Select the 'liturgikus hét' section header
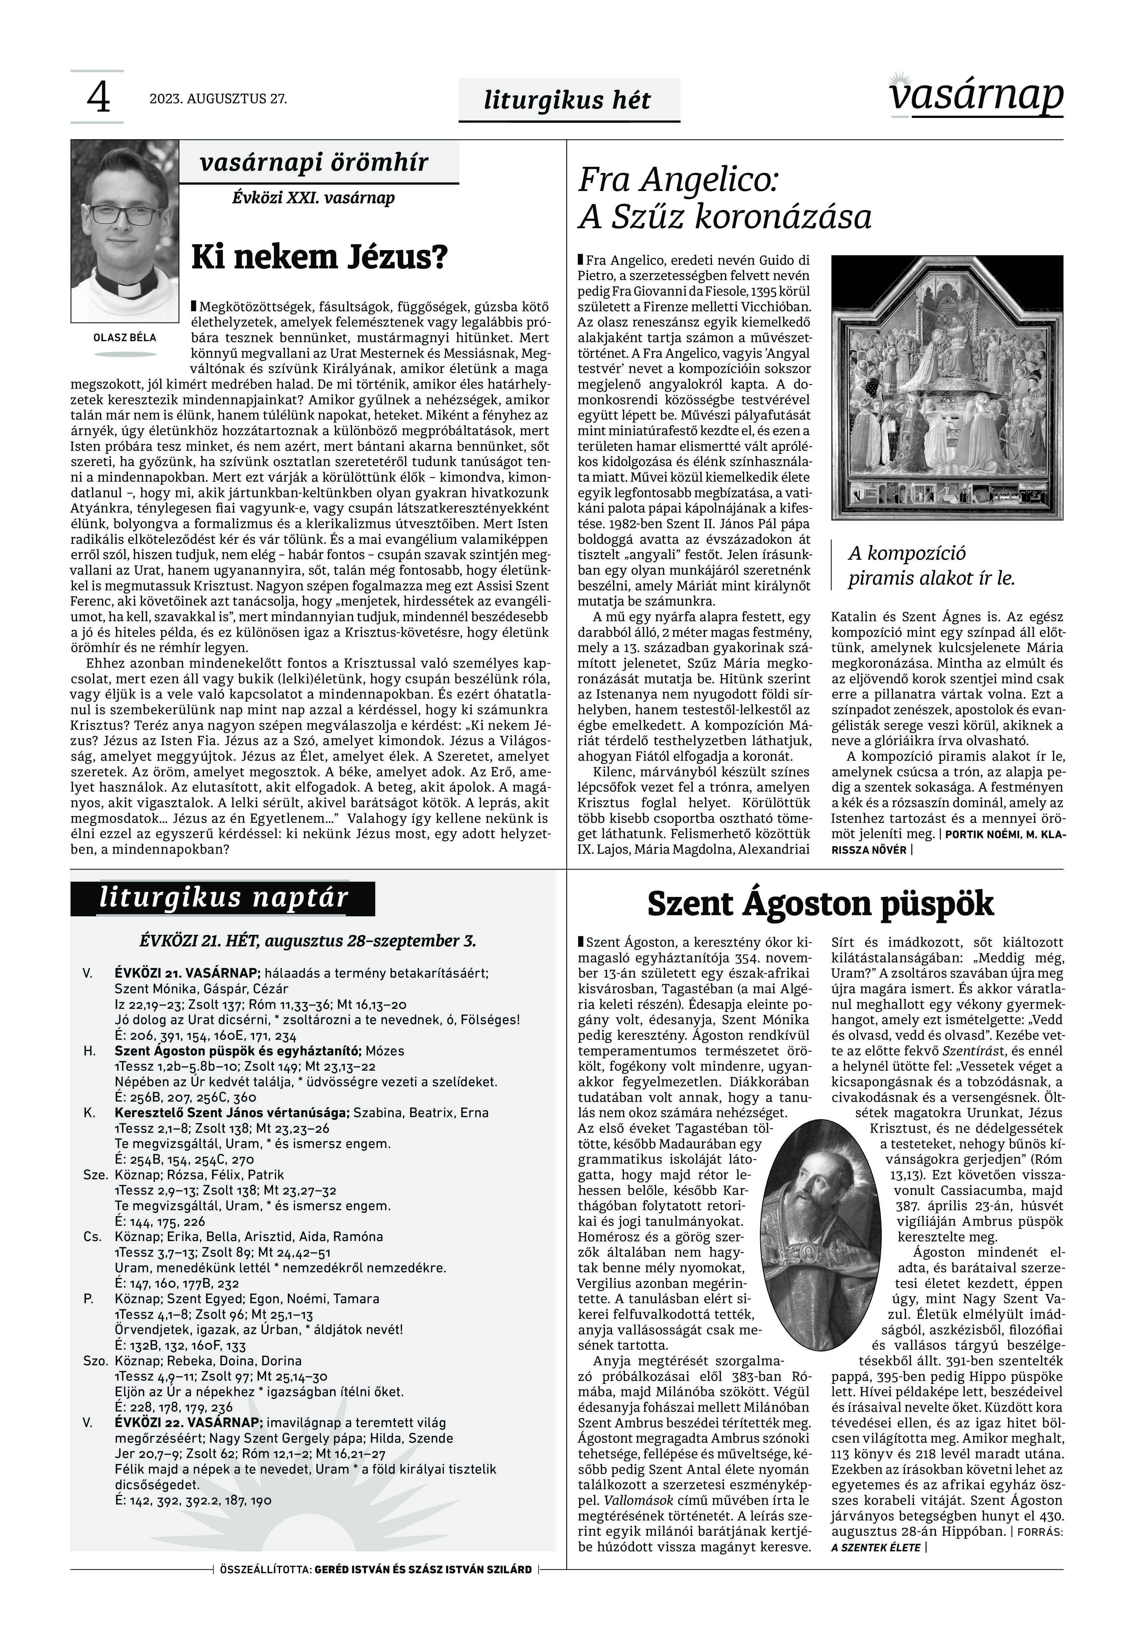(567, 100)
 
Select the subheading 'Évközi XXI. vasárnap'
(313, 198)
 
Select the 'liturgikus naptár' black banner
(222, 898)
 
